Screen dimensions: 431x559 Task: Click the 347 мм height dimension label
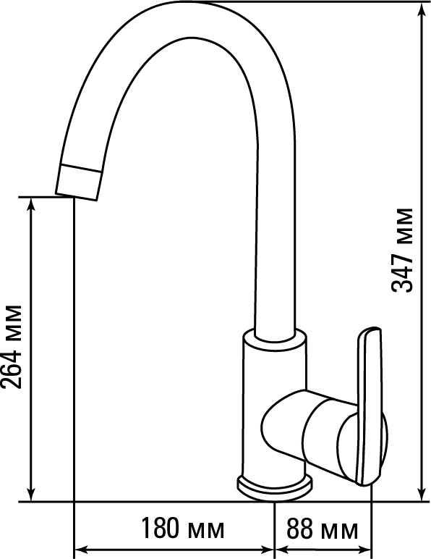(403, 250)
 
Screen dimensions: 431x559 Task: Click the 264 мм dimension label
(12, 347)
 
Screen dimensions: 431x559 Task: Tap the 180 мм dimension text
(183, 529)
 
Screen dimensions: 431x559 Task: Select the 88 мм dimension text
(323, 529)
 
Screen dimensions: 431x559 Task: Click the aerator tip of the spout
(78, 182)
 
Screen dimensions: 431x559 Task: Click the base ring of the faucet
(275, 487)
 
